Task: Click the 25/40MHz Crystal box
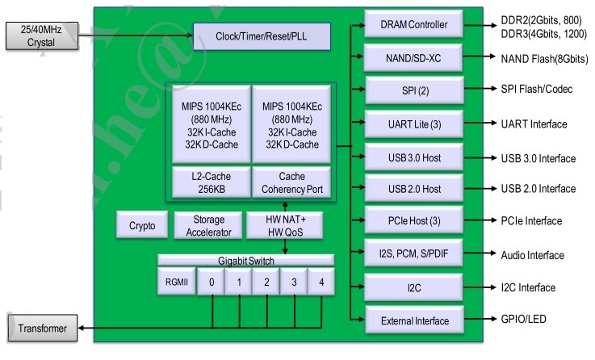point(42,36)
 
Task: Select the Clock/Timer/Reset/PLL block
point(262,36)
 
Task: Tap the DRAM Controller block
point(413,24)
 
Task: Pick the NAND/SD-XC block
point(413,58)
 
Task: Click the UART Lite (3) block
point(414,124)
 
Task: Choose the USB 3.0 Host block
point(414,157)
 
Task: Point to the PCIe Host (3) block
point(414,220)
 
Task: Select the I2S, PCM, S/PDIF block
point(413,253)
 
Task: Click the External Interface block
point(414,320)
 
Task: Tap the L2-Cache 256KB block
point(212,182)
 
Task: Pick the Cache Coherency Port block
point(291,182)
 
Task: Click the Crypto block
point(142,225)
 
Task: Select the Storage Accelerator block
point(208,226)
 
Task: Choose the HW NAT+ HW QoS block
point(285,226)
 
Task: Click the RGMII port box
point(177,282)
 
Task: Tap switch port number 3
point(294,282)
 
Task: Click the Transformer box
point(43,329)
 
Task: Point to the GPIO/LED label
point(523,320)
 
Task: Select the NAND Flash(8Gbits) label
point(544,59)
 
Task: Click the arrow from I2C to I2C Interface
point(480,287)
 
